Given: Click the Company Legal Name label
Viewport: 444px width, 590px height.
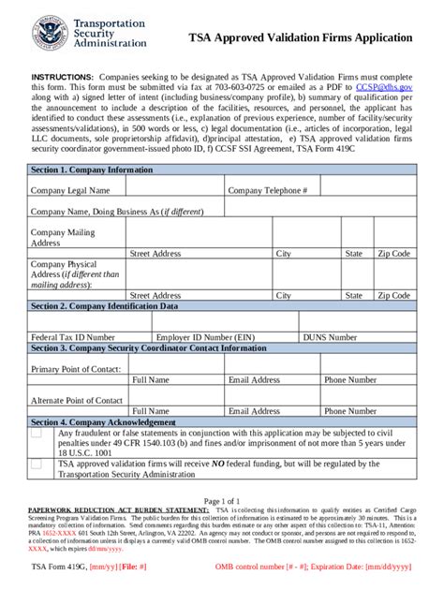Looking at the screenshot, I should point(70,190).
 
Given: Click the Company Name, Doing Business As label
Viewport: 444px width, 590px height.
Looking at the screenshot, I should point(117,212).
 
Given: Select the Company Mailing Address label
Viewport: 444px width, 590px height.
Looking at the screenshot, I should point(63,237).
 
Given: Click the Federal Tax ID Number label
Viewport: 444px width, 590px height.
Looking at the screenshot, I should point(73,336).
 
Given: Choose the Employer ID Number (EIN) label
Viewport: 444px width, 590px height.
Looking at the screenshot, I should point(205,336).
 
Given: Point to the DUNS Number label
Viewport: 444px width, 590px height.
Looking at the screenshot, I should point(329,336).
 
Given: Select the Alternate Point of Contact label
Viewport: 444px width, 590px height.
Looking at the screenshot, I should point(77,400).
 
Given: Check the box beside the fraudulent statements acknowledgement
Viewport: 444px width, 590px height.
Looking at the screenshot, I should point(36,434).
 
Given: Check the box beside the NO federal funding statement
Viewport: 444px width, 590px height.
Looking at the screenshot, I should point(36,463).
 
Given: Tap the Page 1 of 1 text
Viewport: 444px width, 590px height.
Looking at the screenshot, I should point(221,501).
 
